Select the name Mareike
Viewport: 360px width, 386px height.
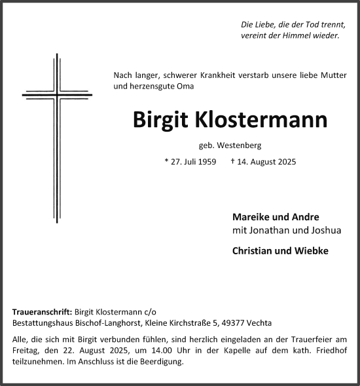(x=251, y=217)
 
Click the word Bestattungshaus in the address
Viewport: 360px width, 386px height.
(x=42, y=324)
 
